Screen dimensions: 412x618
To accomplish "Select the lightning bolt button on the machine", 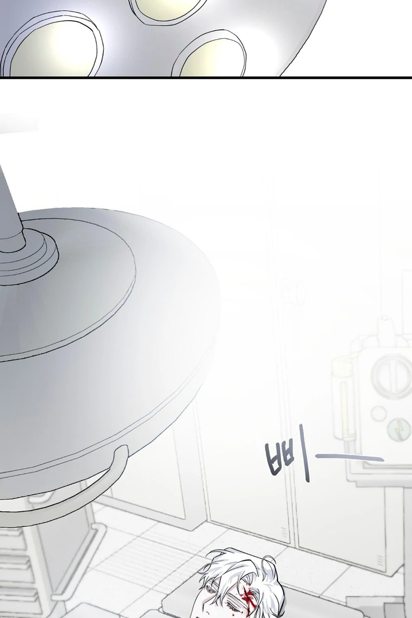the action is point(398,429).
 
